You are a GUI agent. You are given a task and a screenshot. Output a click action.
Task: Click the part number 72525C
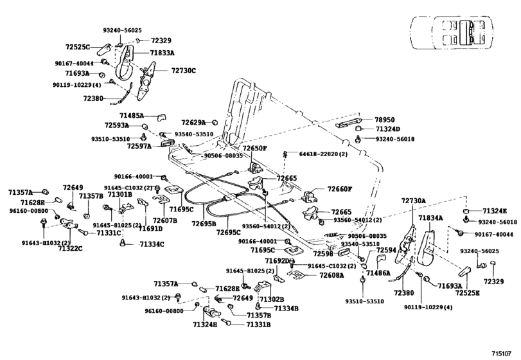tap(78, 47)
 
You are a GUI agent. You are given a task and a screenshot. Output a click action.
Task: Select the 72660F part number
tap(340, 189)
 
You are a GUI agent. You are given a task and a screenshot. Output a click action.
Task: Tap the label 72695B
tap(203, 223)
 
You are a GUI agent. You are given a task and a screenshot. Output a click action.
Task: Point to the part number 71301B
tap(119, 194)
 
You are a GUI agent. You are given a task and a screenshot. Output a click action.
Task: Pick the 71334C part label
tap(152, 244)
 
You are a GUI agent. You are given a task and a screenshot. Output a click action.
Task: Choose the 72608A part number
tap(332, 274)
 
